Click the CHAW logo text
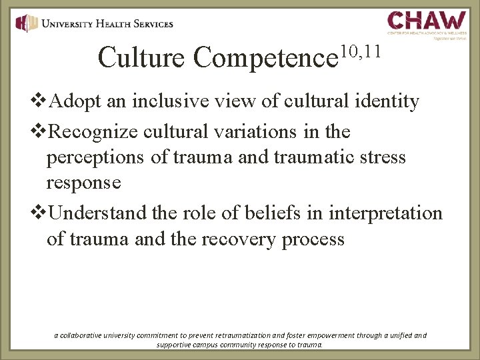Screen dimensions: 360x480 [427, 19]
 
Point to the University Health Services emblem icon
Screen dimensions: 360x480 [27, 23]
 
